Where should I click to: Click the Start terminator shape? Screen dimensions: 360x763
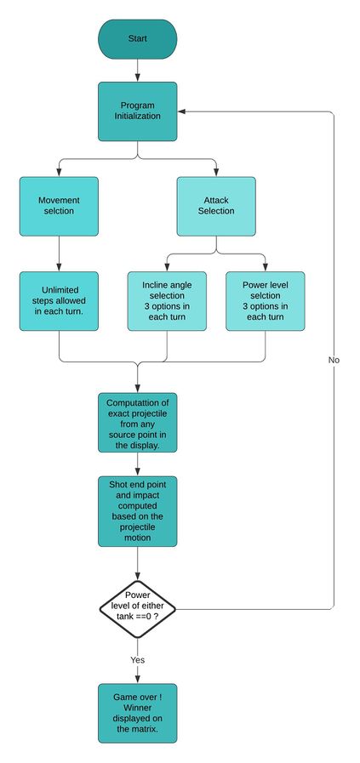coord(137,39)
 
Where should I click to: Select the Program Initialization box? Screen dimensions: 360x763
coord(137,111)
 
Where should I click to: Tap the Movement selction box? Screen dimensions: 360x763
coord(59,207)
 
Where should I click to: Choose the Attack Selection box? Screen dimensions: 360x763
coord(216,207)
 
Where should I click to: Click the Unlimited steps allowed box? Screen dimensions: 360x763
coord(59,301)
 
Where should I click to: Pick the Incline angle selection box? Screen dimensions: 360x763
coord(167,301)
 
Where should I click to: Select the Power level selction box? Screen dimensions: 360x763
coord(266,301)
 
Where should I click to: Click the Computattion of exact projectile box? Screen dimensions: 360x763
coord(137,423)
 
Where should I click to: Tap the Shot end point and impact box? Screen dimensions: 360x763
coord(137,511)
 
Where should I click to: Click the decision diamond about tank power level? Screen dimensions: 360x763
coord(137,609)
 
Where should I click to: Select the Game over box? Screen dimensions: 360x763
coord(137,714)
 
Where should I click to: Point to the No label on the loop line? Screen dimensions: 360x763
coord(334,360)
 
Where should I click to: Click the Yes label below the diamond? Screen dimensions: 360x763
coord(137,660)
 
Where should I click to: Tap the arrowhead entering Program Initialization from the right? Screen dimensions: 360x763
coord(182,111)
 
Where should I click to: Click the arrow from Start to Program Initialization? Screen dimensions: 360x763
coord(137,70)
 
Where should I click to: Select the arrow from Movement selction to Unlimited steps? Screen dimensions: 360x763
coord(59,253)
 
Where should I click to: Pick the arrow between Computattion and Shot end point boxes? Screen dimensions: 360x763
coord(137,464)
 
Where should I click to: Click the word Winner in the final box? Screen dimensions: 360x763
coord(137,708)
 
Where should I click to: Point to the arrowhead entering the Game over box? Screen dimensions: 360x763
coord(137,680)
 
